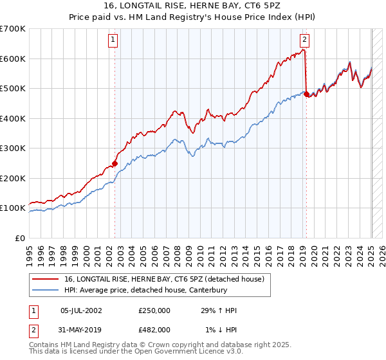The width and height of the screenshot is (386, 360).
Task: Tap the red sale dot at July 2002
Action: tap(115, 163)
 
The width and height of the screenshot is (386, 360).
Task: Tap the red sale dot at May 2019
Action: tap(306, 94)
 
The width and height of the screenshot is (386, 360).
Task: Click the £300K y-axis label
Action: tap(13, 148)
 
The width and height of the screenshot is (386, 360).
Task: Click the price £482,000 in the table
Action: tap(154, 329)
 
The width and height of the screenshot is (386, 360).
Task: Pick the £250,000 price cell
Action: tap(154, 310)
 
